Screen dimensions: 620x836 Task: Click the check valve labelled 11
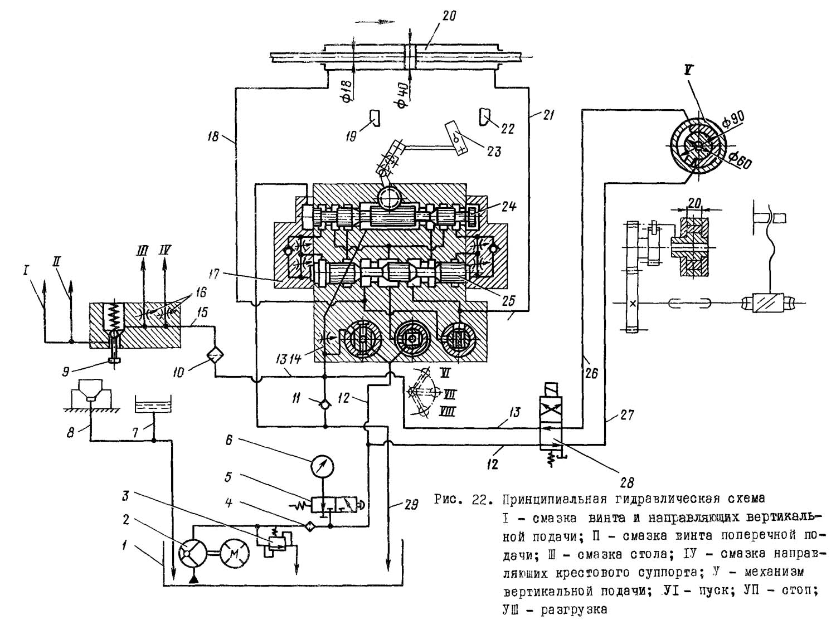coord(324,401)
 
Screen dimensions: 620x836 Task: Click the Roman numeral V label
coord(688,71)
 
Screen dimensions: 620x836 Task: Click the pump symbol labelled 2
coord(192,553)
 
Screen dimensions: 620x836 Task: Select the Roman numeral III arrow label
coord(143,251)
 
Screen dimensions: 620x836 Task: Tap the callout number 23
coord(493,151)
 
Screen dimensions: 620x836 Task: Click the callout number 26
coord(591,372)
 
